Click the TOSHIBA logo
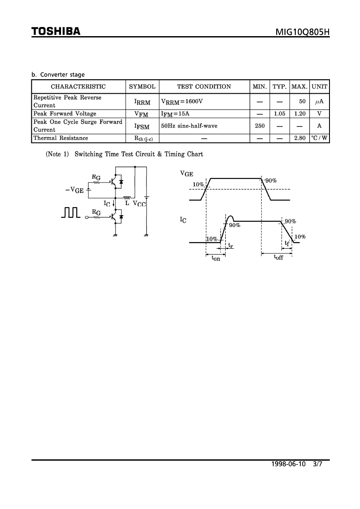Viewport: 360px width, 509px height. pos(56,31)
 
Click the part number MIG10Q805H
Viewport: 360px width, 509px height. pos(302,32)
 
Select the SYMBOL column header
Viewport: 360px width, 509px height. pos(143,87)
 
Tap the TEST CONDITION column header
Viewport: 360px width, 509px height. pos(204,87)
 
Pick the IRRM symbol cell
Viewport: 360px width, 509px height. pos(143,102)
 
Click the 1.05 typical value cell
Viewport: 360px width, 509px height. pos(279,114)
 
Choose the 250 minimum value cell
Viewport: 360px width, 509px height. pos(260,126)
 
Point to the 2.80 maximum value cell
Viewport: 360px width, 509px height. pos(300,138)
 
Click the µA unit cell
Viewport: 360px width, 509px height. pos(319,101)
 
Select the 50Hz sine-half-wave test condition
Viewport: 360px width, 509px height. pos(189,126)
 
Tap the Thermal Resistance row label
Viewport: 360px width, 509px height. pos(61,138)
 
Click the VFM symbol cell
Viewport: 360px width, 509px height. pos(141,114)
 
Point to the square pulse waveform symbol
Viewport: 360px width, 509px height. pos(71,212)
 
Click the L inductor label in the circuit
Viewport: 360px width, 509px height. pos(127,203)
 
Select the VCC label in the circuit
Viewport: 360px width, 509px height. pos(139,204)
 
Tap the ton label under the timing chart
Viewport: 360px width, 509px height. pos(216,258)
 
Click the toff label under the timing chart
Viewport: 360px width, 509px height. pos(278,257)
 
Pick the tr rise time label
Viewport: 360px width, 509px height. pos(231,246)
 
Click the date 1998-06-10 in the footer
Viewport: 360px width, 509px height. pos(289,464)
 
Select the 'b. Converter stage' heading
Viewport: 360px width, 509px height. pos(58,74)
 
